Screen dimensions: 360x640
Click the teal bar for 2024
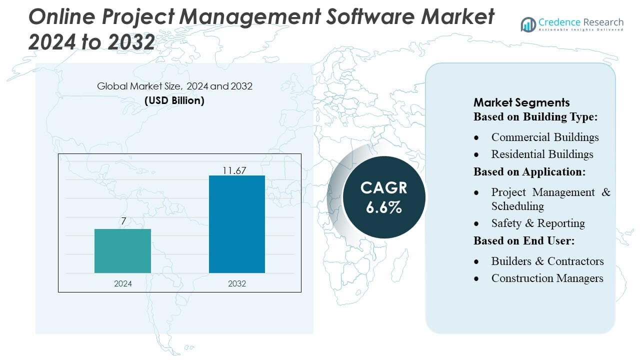pyautogui.click(x=122, y=251)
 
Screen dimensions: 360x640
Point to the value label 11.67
pyautogui.click(x=234, y=170)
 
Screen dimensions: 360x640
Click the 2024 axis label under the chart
pyautogui.click(x=123, y=283)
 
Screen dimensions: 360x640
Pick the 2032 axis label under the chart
pyautogui.click(x=237, y=283)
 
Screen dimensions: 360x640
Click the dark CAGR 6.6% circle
pyautogui.click(x=383, y=197)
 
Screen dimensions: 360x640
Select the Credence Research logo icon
pyautogui.click(x=528, y=24)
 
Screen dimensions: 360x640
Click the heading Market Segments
pyautogui.click(x=521, y=102)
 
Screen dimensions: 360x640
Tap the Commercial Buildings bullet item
pyautogui.click(x=544, y=137)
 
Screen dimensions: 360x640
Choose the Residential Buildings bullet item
pyautogui.click(x=542, y=154)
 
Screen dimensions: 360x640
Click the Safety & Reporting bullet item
pyautogui.click(x=538, y=223)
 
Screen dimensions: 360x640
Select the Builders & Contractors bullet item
pyautogui.click(x=547, y=261)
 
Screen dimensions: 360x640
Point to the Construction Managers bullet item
pyautogui.click(x=547, y=278)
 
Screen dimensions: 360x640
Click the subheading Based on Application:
pyautogui.click(x=529, y=171)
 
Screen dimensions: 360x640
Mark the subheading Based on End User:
pyautogui.click(x=524, y=240)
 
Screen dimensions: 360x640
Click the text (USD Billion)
pyautogui.click(x=174, y=100)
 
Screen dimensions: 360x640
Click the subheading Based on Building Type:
pyautogui.click(x=536, y=117)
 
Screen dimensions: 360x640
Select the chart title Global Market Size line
pyautogui.click(x=174, y=86)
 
